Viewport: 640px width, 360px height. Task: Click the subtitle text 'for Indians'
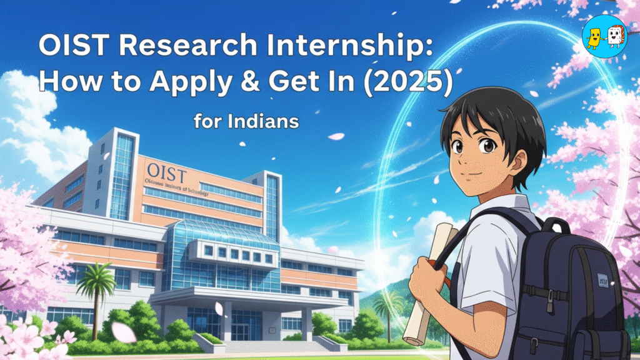coord(246,121)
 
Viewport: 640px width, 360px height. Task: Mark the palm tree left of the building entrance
coord(97,294)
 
